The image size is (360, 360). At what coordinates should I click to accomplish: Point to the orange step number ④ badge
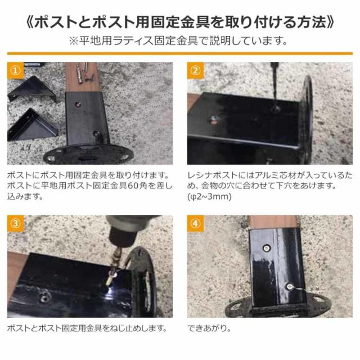coord(195,223)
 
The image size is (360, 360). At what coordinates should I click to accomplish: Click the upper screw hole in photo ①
coord(78,102)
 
